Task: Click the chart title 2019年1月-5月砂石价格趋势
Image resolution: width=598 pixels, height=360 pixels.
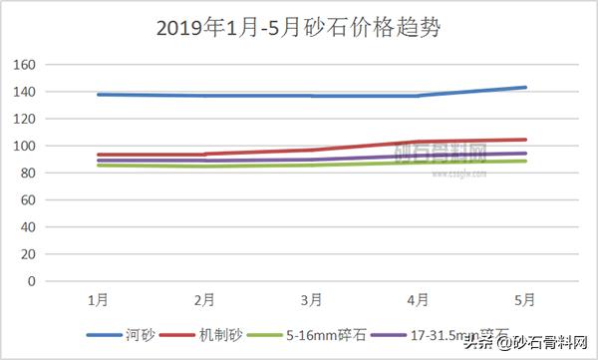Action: (x=299, y=27)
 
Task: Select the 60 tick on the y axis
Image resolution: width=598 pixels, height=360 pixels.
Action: (x=55, y=199)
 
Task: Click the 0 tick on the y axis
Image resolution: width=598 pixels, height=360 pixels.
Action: (x=59, y=281)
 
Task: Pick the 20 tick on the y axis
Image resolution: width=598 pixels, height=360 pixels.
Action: (x=55, y=254)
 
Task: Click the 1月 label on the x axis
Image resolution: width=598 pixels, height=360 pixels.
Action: (x=98, y=299)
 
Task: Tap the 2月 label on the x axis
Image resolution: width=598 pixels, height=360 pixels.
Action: (x=204, y=299)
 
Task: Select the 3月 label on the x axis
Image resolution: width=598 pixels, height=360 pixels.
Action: (x=311, y=299)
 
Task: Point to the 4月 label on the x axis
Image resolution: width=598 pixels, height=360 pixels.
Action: (x=419, y=299)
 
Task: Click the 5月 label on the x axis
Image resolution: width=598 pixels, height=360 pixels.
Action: (x=525, y=299)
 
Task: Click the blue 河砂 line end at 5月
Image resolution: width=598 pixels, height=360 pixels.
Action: (x=525, y=88)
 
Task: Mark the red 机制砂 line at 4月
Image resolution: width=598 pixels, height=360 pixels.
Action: (x=419, y=142)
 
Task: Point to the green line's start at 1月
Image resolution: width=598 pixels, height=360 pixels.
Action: (x=98, y=165)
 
